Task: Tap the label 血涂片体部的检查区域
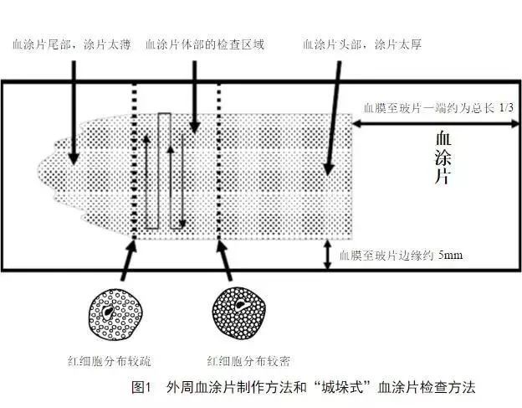(205, 44)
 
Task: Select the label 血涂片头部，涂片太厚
(361, 44)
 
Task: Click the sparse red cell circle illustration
(114, 311)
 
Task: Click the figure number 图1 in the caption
(141, 388)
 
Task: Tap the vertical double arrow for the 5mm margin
(326, 254)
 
